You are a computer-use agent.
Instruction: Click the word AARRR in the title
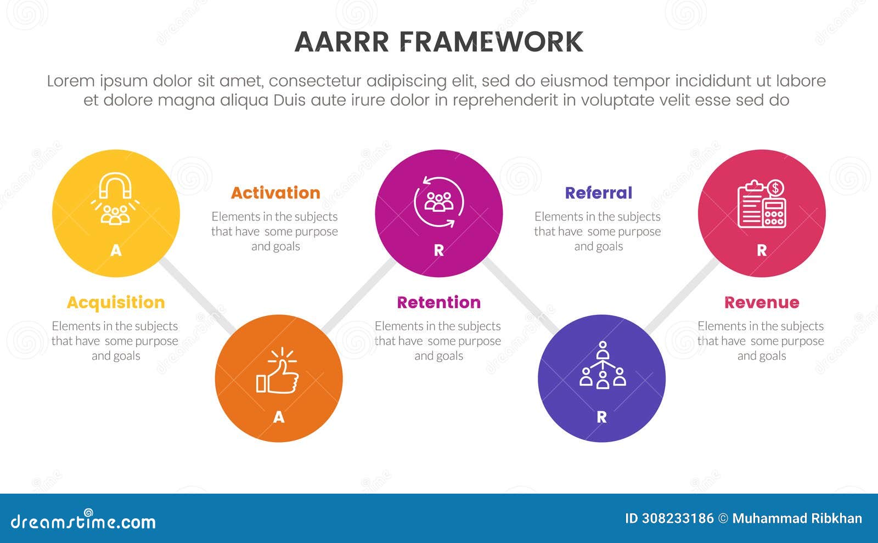(x=341, y=42)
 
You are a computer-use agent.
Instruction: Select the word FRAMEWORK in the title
(x=491, y=42)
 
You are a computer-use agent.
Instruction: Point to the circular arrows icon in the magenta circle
(x=439, y=201)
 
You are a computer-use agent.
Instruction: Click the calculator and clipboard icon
(x=762, y=203)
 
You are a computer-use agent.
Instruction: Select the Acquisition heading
(x=116, y=302)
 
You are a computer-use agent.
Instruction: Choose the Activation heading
(x=275, y=193)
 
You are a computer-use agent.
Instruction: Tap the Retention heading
(x=438, y=302)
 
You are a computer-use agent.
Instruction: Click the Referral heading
(x=599, y=193)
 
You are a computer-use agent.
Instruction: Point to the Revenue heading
(x=762, y=302)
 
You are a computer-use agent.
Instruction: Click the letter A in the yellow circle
(x=116, y=251)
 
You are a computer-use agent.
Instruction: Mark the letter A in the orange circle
(x=279, y=417)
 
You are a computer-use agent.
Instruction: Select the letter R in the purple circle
(x=601, y=417)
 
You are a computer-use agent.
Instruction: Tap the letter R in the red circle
(x=762, y=251)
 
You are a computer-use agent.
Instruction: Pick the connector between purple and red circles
(x=682, y=297)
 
